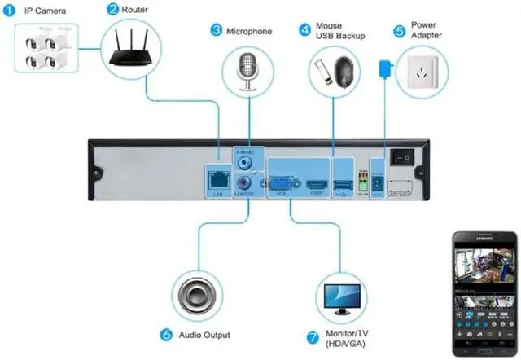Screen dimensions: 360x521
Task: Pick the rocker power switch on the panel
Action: pyautogui.click(x=400, y=156)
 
